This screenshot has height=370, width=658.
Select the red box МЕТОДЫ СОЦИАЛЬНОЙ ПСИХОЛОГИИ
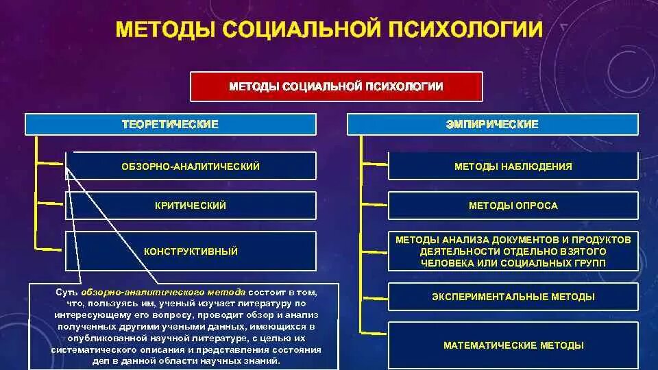point(336,86)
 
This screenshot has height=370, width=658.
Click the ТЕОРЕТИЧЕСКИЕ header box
point(171,124)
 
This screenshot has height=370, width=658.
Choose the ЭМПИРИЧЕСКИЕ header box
point(493,124)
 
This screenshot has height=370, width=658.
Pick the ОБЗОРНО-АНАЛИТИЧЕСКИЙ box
point(191,166)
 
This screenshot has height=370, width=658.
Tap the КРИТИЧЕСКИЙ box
point(191,206)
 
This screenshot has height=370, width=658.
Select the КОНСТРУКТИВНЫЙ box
point(191,251)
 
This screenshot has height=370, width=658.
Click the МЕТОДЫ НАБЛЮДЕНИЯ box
point(513,166)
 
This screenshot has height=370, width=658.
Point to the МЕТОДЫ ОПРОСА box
point(513,206)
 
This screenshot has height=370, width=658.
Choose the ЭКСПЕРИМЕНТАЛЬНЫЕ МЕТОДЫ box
point(513,297)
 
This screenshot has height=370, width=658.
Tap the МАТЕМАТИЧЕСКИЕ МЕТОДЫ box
point(513,345)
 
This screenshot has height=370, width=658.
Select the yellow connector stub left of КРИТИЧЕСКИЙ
point(51,203)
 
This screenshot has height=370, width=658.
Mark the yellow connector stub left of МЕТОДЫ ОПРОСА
point(374,203)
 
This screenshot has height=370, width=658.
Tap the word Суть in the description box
point(66,292)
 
